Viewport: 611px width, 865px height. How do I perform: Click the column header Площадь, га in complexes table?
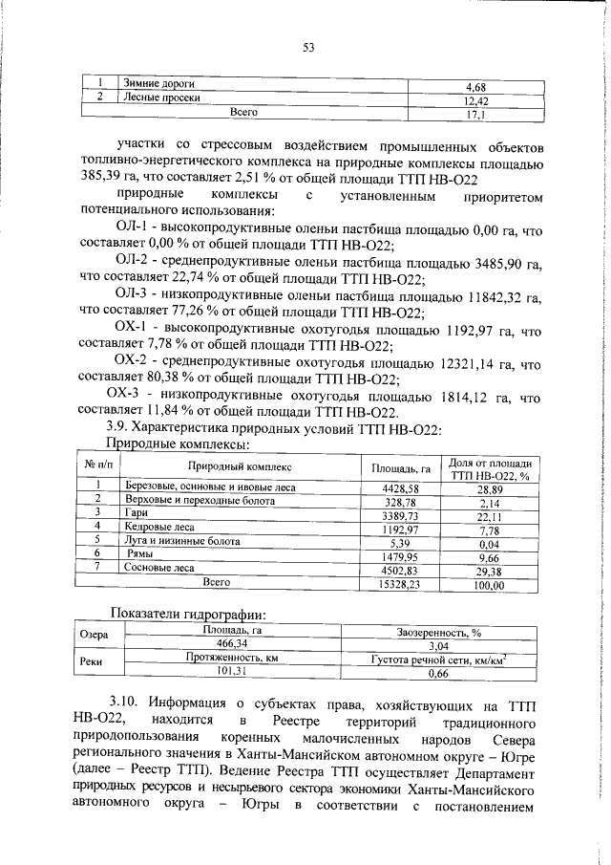pos(403,467)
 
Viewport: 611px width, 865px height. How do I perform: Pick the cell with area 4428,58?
pos(402,487)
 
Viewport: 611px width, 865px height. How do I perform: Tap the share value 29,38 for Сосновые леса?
pos(490,568)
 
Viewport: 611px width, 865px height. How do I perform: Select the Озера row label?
pos(94,635)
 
